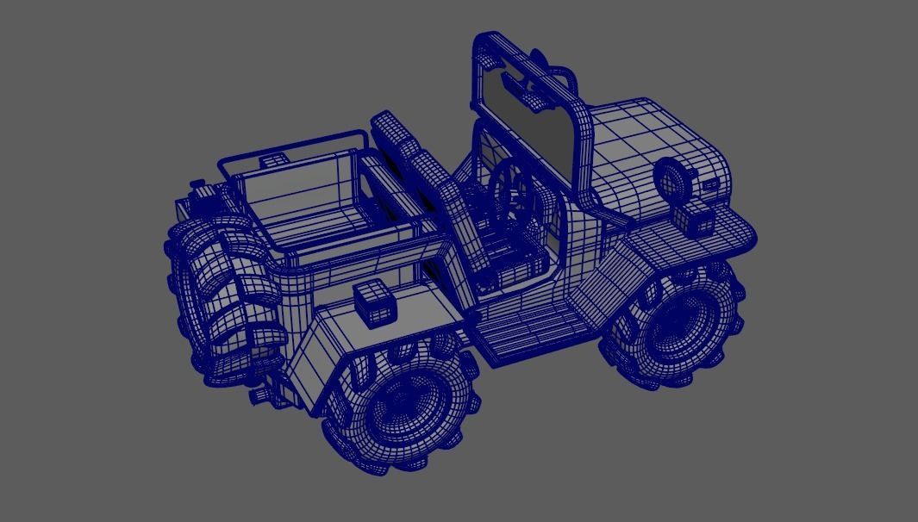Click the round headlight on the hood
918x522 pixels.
669,179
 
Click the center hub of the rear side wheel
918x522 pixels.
403,405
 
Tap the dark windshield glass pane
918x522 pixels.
528,129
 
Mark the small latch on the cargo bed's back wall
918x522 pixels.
275,160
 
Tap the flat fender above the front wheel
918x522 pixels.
690,242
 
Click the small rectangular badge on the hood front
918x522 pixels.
711,184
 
